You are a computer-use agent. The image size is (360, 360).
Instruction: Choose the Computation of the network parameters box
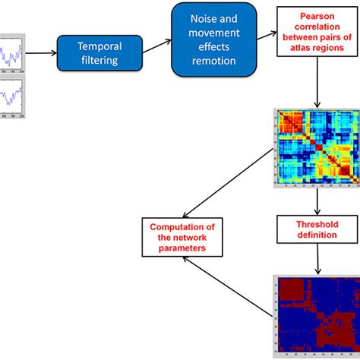click(x=182, y=236)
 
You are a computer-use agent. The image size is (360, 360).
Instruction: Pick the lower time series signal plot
click(x=14, y=95)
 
